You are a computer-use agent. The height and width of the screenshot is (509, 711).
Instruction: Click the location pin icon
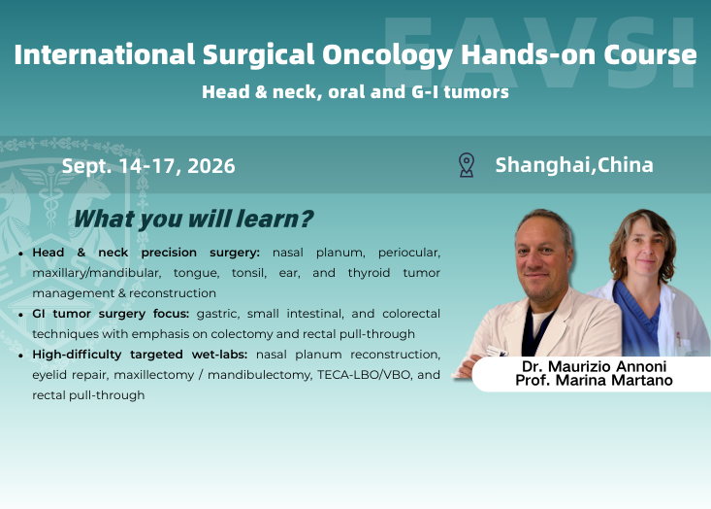(x=467, y=165)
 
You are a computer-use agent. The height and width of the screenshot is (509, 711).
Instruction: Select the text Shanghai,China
(x=574, y=165)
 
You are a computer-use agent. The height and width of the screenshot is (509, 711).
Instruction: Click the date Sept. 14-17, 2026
(x=148, y=166)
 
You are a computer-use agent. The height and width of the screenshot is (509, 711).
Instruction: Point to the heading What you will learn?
(x=194, y=220)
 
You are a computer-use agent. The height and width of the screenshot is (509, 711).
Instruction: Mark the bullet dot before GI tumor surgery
(x=21, y=315)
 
